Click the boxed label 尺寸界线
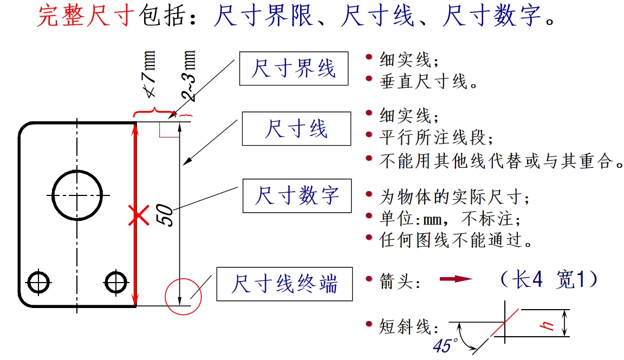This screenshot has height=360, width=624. click(x=293, y=69)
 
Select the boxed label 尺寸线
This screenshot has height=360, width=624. click(x=296, y=129)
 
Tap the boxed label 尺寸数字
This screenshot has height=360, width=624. click(x=296, y=195)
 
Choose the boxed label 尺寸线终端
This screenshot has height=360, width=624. click(x=284, y=284)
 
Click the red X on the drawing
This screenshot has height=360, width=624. click(x=139, y=215)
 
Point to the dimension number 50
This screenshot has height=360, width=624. click(x=166, y=215)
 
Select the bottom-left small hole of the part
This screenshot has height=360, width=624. click(x=39, y=281)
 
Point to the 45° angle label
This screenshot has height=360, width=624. click(x=445, y=345)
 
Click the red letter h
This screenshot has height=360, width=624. click(x=548, y=324)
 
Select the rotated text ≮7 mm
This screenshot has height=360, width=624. click(x=150, y=76)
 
